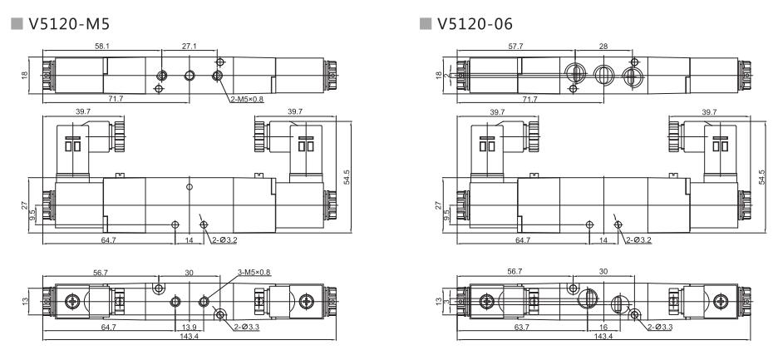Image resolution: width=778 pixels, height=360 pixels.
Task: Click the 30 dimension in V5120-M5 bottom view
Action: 189,271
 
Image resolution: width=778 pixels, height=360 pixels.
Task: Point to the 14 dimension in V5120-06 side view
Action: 605,240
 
